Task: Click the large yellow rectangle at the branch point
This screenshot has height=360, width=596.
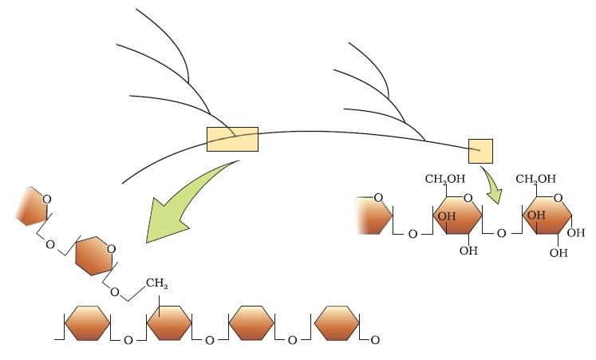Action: point(232,139)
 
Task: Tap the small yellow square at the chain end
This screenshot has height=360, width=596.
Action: point(480,151)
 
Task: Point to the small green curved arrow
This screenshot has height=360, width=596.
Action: point(493,186)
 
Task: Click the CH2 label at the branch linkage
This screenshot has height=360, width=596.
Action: point(156,283)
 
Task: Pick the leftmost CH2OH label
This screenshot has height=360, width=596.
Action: point(444,179)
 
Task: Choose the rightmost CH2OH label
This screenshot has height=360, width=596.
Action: point(535,179)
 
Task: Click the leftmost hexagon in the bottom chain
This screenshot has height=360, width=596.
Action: point(88,322)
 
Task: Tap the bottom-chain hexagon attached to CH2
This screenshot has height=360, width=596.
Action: point(169,322)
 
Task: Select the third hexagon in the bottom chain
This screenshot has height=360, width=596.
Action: point(251,322)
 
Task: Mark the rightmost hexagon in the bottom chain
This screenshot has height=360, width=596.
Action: point(337,322)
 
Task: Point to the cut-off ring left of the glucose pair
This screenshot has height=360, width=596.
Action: point(374,216)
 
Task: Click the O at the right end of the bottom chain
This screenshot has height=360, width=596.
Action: point(375,340)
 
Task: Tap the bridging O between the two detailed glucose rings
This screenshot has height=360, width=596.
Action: point(501,233)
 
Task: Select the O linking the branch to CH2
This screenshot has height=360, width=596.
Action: point(114,292)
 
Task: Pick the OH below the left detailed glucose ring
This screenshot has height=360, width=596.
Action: point(468,251)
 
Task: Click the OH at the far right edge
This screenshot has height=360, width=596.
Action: point(576,232)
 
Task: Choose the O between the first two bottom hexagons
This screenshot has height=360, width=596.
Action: point(128,340)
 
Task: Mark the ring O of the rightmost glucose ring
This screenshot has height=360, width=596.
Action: point(558,198)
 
